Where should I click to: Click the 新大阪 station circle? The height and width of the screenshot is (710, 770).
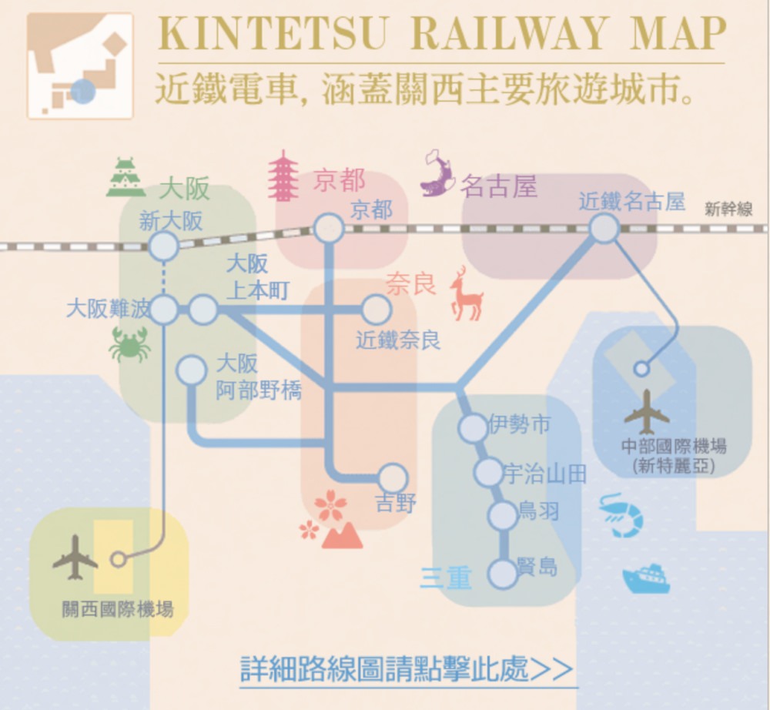click(163, 247)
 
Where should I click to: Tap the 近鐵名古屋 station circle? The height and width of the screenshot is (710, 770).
click(604, 228)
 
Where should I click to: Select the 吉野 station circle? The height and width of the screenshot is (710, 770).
click(393, 477)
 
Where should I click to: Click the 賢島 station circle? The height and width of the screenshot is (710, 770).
click(503, 573)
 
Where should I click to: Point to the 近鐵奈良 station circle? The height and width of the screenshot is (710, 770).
click(376, 310)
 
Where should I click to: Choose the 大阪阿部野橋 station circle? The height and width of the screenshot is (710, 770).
click(191, 370)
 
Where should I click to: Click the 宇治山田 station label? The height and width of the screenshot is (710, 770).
click(544, 474)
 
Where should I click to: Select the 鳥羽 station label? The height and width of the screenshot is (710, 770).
click(539, 511)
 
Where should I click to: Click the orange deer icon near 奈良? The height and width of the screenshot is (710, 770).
click(465, 293)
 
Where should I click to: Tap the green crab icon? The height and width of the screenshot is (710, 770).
click(129, 344)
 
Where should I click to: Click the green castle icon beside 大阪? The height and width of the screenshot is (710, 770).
click(126, 178)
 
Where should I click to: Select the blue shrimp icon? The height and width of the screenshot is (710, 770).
click(621, 514)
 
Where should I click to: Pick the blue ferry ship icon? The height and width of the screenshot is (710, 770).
click(645, 578)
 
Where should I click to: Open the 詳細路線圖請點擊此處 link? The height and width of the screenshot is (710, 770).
click(407, 668)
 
